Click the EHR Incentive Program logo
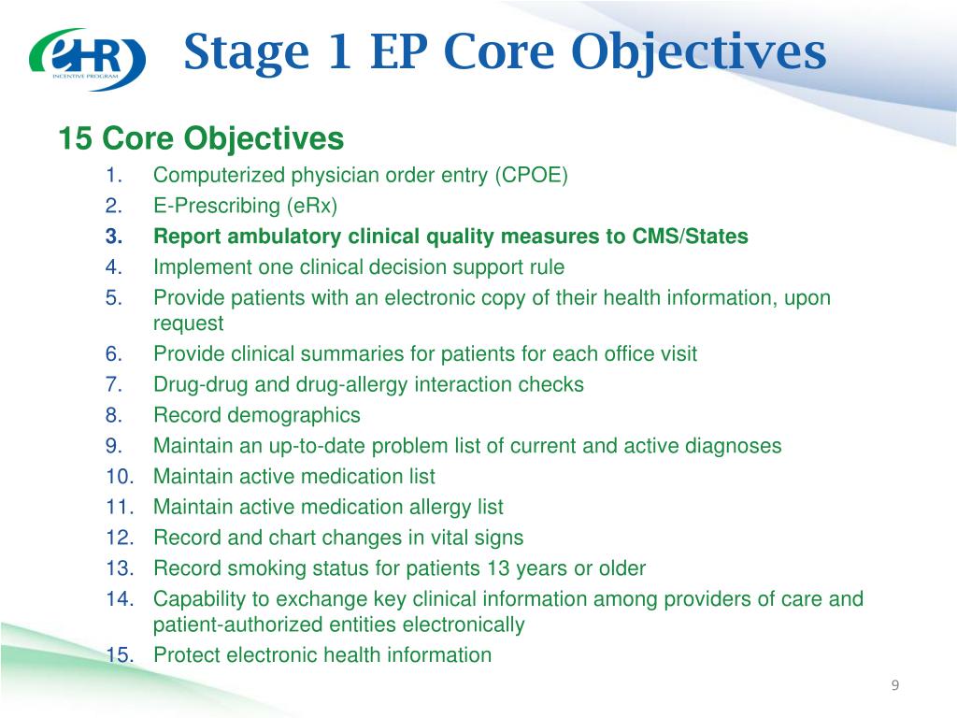[87, 59]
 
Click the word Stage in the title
[247, 53]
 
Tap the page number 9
[894, 685]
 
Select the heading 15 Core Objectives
[202, 138]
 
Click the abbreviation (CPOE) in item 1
[531, 175]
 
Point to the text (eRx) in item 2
[312, 206]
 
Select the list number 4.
[113, 266]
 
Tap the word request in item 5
[189, 323]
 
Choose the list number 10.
[120, 476]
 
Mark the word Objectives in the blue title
[699, 53]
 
